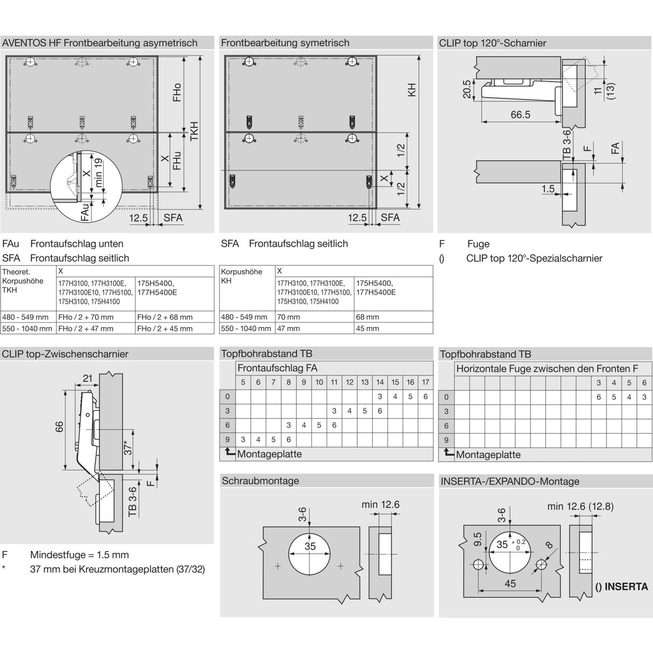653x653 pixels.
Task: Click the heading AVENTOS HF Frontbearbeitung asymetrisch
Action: pos(100,43)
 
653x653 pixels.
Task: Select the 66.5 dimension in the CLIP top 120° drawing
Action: pos(520,115)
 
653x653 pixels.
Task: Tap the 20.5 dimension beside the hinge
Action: pos(466,89)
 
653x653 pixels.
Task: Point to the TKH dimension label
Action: pos(194,132)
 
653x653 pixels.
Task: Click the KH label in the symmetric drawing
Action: pos(412,89)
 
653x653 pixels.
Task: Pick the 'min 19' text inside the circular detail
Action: pos(98,172)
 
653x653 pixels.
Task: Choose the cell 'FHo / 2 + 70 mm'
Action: pos(86,317)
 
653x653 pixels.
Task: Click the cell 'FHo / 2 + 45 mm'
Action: pos(165,329)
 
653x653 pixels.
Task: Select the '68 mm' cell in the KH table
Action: pos(367,317)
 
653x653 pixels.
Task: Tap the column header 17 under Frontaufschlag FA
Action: pos(425,382)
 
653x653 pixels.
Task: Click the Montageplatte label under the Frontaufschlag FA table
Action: pos(269,455)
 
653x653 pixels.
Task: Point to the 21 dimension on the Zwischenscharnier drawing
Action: pos(88,379)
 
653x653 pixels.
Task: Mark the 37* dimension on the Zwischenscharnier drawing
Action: pos(128,446)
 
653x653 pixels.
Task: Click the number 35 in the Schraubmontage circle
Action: pos(310,546)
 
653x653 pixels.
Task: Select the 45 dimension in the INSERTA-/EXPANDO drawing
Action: pos(510,584)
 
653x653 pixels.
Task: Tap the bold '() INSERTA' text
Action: pos(621,586)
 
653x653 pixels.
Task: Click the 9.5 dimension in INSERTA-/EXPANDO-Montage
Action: pos(477,540)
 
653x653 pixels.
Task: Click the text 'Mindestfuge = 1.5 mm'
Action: pos(80,555)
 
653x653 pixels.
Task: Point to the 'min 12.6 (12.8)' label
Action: pos(580,507)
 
